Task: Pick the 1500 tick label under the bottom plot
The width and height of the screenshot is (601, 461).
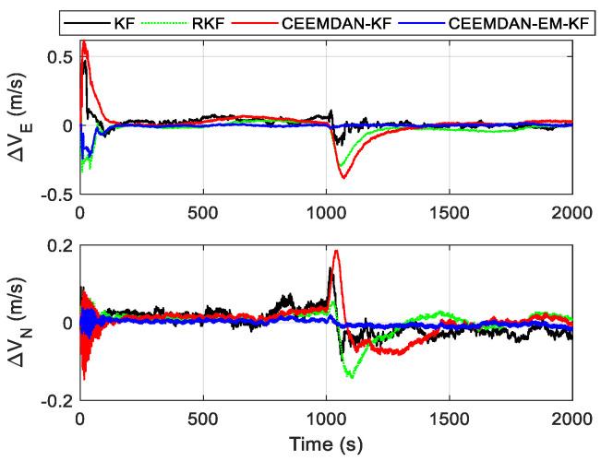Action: pos(449,416)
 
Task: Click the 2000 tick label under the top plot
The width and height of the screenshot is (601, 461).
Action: pos(571,209)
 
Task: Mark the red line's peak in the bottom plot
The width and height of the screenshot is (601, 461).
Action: pos(336,250)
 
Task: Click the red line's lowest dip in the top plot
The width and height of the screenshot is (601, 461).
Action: pos(343,177)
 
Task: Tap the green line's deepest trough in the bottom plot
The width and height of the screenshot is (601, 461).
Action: pos(352,377)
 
